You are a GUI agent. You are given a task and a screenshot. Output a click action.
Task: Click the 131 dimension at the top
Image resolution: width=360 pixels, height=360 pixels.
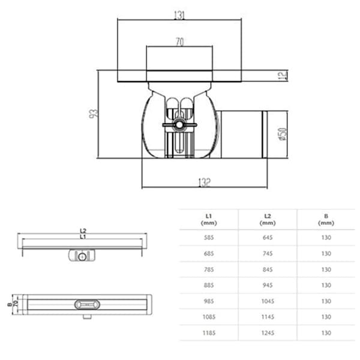pyautogui.click(x=179, y=16)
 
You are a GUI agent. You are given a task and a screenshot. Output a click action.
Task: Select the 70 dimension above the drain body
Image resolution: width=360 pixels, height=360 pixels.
pyautogui.click(x=179, y=43)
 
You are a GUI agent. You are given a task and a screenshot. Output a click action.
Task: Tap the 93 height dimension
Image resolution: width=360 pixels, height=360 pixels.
pyautogui.click(x=93, y=113)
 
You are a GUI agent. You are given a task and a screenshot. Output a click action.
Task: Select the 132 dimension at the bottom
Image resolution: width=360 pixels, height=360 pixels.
pyautogui.click(x=205, y=182)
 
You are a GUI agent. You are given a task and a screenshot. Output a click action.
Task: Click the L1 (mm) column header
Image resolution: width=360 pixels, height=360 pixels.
pyautogui.click(x=209, y=218)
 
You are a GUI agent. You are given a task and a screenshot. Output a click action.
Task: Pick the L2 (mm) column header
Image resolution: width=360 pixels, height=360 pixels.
pyautogui.click(x=267, y=218)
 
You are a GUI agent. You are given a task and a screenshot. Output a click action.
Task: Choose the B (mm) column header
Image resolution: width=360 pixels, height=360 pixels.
pyautogui.click(x=326, y=218)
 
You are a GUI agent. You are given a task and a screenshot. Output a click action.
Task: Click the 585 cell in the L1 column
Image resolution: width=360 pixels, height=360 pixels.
pyautogui.click(x=209, y=238)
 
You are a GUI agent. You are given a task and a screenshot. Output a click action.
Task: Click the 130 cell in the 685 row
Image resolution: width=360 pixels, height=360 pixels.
pyautogui.click(x=326, y=254)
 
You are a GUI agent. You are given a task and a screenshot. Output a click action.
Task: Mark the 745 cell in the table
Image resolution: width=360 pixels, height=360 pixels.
pyautogui.click(x=267, y=254)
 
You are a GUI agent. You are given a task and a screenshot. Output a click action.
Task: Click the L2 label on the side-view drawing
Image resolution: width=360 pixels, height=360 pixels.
pyautogui.click(x=83, y=231)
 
